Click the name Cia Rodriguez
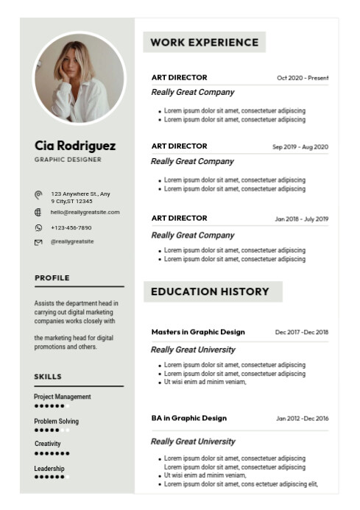[x=75, y=146]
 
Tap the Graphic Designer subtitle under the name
[x=68, y=159]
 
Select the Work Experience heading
[x=204, y=43]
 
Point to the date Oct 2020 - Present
[x=303, y=78]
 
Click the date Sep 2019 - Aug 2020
[x=300, y=147]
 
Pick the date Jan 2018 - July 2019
[x=302, y=219]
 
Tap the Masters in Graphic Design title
[x=198, y=332]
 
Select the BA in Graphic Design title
[x=189, y=418]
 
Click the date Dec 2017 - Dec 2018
[x=302, y=333]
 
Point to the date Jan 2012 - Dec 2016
[x=302, y=419]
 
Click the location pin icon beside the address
[x=38, y=195]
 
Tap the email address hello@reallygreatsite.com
[x=85, y=212]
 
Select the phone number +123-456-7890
[x=71, y=227]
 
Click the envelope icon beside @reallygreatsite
[x=38, y=242]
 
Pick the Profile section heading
[x=52, y=278]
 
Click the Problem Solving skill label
[x=56, y=422]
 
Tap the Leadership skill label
[x=49, y=469]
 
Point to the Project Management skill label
[x=63, y=397]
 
